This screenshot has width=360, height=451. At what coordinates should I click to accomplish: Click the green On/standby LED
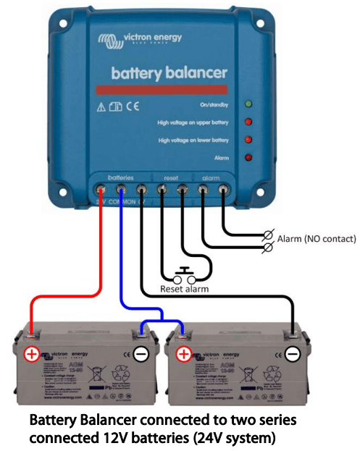(248, 105)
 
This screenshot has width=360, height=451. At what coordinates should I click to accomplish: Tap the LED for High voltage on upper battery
(248, 122)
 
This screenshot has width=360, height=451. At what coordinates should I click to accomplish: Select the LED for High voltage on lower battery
(248, 140)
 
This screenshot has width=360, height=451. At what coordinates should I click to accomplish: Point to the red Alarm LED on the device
(248, 157)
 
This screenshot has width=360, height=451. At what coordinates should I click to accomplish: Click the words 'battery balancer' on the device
(169, 73)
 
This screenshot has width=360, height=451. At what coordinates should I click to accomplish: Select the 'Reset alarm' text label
(185, 290)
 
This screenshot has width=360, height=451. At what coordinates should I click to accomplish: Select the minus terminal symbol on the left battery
(143, 355)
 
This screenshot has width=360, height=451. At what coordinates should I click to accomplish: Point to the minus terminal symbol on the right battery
(292, 355)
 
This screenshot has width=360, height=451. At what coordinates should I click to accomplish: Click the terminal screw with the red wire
(100, 190)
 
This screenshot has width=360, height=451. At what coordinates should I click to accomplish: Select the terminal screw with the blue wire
(120, 190)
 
